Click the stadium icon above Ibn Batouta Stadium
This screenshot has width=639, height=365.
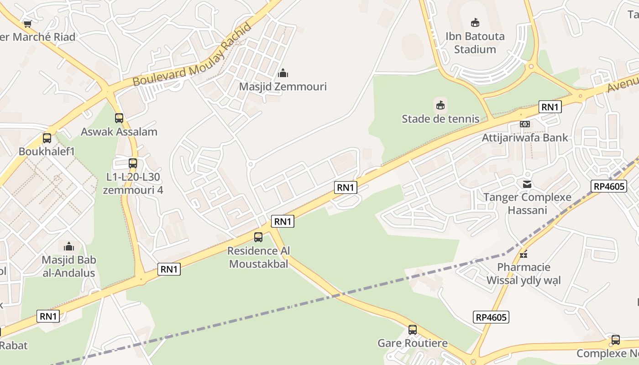475,22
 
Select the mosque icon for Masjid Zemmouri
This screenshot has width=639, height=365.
283,73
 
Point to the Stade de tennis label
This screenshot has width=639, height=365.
440,119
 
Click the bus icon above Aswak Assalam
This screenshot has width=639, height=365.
119,118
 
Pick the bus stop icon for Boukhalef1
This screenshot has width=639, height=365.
47,138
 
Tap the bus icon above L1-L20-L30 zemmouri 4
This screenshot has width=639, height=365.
133,163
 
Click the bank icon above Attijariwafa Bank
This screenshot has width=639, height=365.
525,124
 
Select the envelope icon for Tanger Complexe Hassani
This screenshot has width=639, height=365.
527,184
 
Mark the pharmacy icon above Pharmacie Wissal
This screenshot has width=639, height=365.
524,254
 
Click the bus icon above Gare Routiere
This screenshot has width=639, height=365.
413,329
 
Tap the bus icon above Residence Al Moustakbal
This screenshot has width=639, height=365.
258,237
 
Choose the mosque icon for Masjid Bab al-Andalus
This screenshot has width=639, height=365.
69,246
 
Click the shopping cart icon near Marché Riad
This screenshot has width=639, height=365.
28,24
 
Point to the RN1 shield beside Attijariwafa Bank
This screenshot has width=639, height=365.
550,107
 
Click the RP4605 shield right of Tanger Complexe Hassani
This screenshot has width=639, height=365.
609,186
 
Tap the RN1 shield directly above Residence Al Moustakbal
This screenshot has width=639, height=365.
283,221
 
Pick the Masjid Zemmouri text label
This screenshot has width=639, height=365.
283,86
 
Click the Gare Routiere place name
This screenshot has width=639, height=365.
413,343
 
